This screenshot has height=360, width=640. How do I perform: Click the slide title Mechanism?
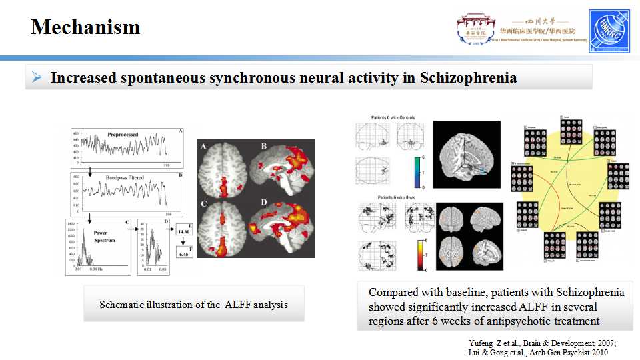(85, 27)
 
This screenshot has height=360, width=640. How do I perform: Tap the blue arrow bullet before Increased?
(37, 77)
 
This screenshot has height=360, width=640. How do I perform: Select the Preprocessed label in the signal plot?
(123, 135)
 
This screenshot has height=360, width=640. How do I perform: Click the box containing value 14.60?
(184, 231)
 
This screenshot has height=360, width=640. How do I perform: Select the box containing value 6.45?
(184, 254)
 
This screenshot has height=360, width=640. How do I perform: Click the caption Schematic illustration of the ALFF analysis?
(193, 304)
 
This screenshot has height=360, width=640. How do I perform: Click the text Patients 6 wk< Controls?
(393, 118)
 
